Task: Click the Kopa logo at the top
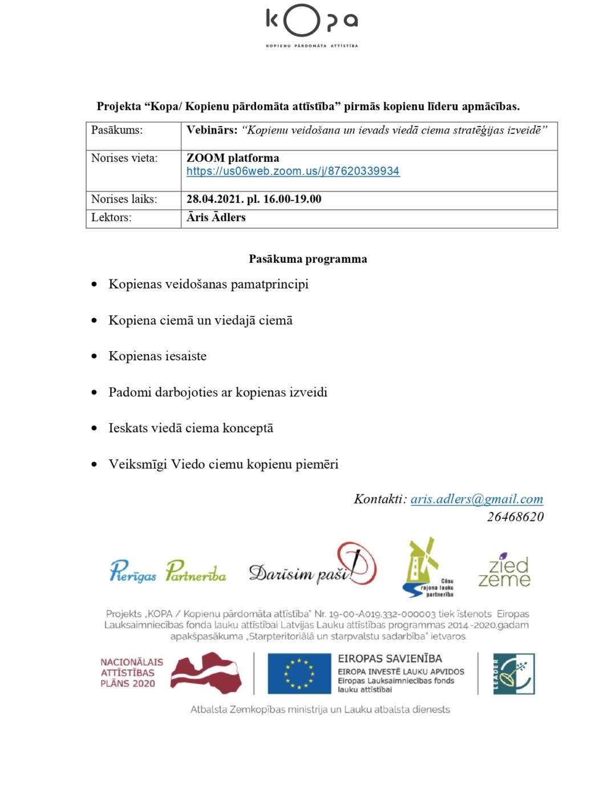point(311,25)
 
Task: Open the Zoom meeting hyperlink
point(293,171)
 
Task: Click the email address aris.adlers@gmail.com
point(476,499)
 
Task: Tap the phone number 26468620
point(515,517)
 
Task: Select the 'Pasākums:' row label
point(117,130)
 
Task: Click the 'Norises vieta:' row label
point(124,158)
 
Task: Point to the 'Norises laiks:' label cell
point(124,199)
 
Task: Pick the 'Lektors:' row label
point(111,217)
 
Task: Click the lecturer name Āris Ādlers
point(216,217)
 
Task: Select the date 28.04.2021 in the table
point(214,199)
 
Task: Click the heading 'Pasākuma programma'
point(308,259)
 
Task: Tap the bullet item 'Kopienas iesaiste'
point(157,356)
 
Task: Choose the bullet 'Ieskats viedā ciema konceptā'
point(191,428)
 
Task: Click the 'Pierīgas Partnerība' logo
point(167,571)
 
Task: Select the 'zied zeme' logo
point(504,570)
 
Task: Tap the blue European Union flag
point(299,673)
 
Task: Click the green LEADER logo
point(514,673)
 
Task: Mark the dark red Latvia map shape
point(206,673)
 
